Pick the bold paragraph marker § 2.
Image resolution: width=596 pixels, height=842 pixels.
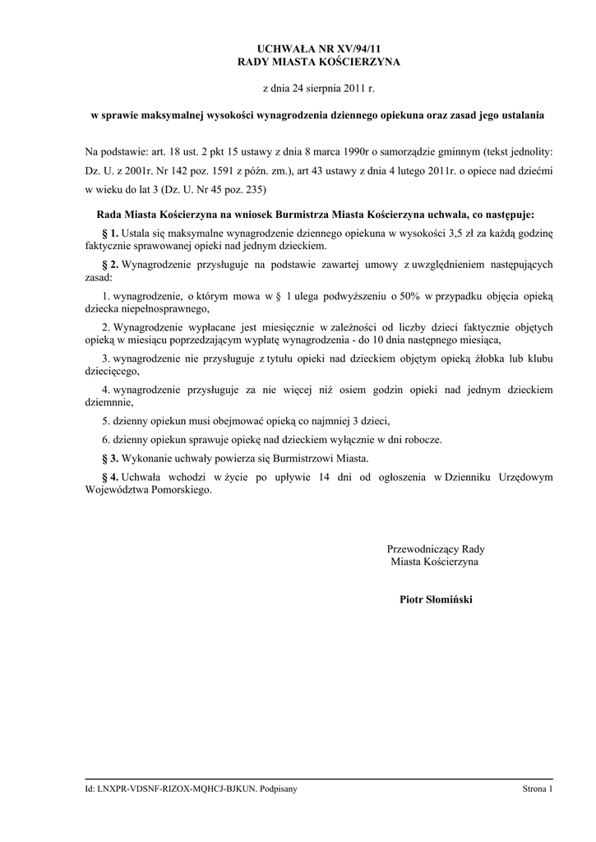click(x=109, y=265)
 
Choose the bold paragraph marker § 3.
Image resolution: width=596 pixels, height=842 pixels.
click(x=109, y=457)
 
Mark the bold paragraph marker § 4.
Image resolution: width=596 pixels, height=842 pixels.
click(x=109, y=477)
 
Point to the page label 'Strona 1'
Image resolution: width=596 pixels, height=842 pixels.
click(x=538, y=789)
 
